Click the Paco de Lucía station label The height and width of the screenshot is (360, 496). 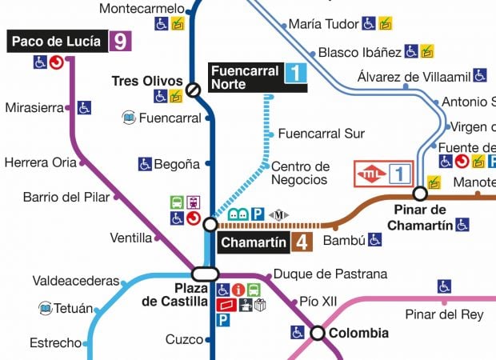point(56,42)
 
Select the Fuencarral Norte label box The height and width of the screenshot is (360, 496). point(246,76)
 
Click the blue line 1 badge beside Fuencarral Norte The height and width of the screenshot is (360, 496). point(295,74)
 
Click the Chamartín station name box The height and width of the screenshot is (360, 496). point(253,242)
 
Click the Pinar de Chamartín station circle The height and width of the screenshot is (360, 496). point(419,193)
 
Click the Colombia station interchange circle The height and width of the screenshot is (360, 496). point(318,333)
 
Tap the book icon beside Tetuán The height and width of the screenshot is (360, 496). point(46,308)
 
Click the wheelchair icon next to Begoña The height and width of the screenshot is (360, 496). point(145,164)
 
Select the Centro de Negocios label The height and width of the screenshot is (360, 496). point(300,173)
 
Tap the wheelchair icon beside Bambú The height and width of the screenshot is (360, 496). point(374,239)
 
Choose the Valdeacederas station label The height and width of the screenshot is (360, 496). point(75,281)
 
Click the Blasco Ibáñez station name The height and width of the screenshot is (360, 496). point(359,52)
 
